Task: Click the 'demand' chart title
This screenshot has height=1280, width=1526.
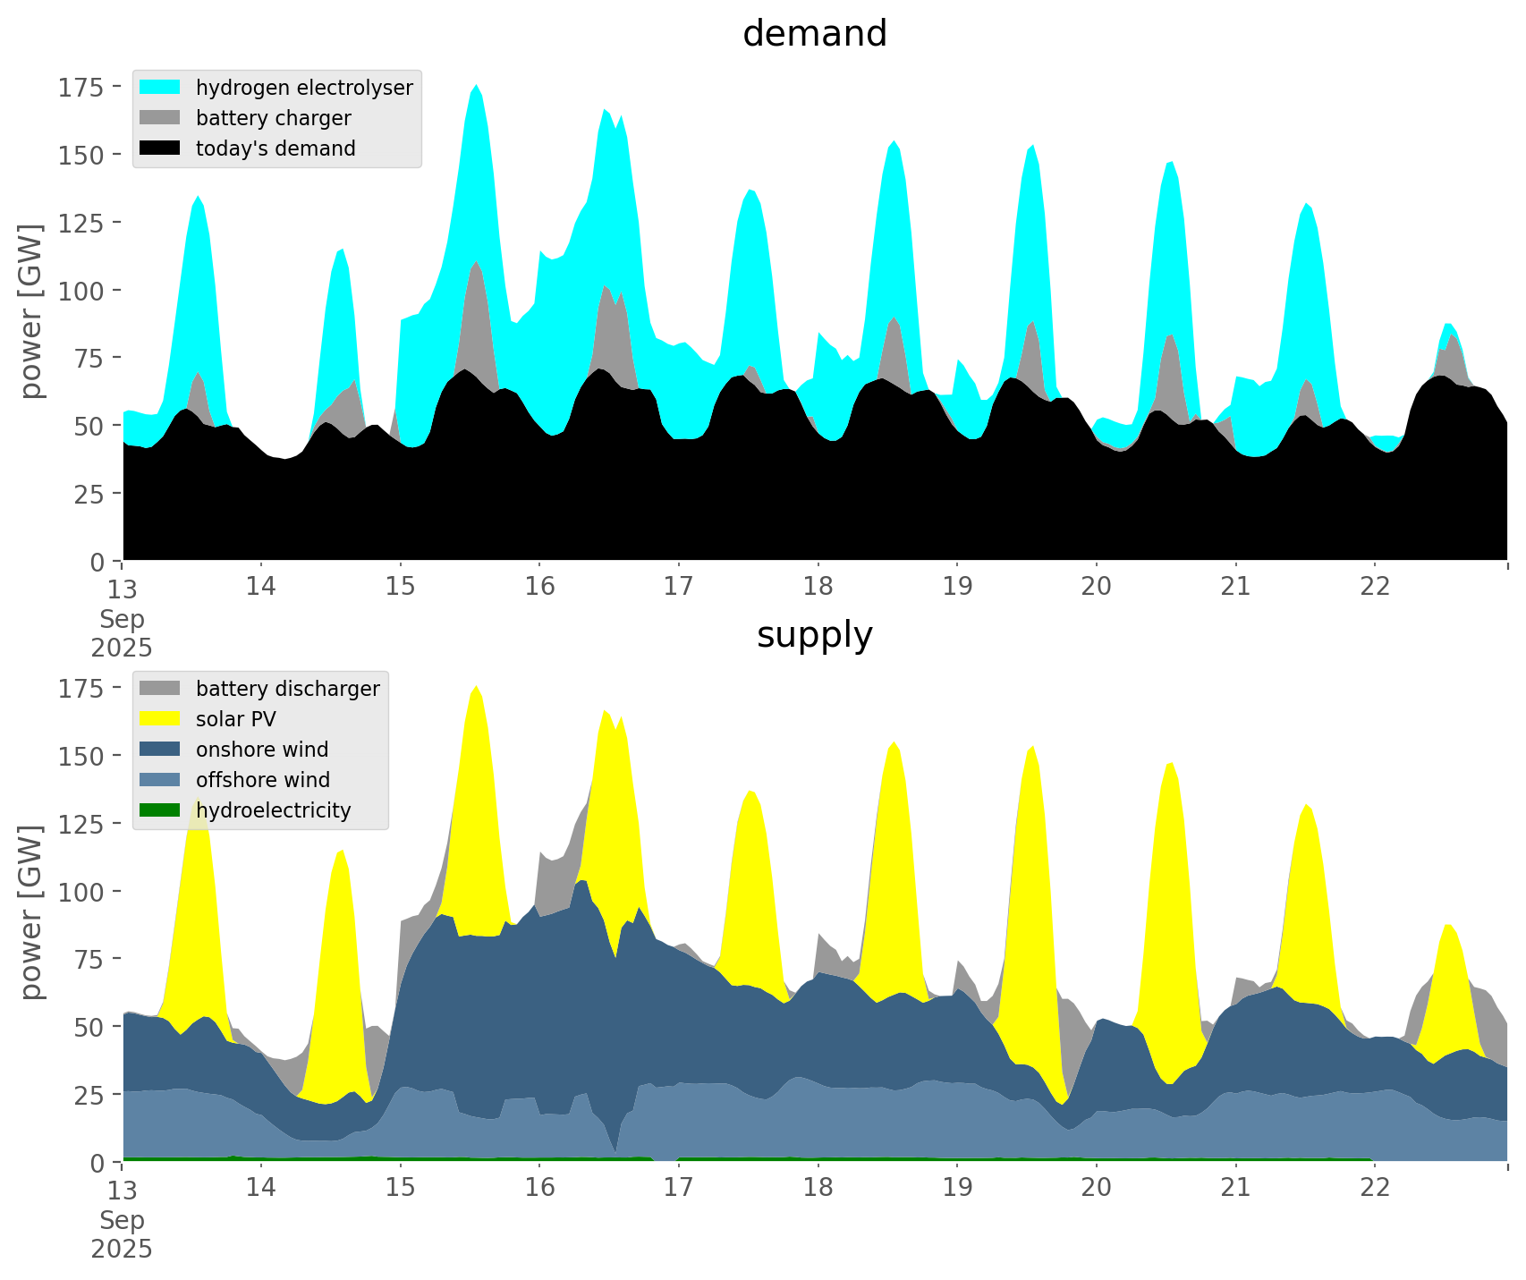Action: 814,34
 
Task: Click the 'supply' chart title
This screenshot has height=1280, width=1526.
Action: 814,635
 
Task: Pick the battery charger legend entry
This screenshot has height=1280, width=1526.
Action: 273,118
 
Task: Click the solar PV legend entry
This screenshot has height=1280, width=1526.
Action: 236,719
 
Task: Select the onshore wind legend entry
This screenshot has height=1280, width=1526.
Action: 262,750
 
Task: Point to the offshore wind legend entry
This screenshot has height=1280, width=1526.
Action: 263,780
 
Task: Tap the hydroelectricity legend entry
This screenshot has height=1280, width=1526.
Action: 273,810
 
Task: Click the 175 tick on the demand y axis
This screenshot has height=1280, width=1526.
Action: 81,87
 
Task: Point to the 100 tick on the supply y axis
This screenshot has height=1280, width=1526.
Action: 81,892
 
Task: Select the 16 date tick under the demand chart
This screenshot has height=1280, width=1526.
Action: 539,586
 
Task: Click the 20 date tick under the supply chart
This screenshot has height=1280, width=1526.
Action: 1097,1187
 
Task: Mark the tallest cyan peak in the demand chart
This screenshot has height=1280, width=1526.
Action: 477,87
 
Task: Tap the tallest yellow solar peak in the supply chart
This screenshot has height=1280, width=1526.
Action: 477,688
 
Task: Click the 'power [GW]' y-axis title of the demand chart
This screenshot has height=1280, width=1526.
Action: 31,311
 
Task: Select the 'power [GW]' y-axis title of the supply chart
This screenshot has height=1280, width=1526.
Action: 31,912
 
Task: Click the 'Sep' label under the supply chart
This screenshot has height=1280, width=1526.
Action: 122,1220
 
